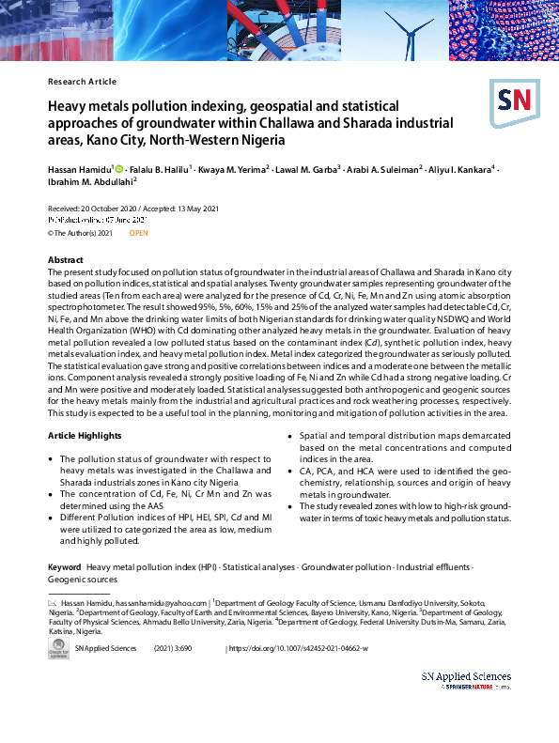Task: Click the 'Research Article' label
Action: tap(82, 82)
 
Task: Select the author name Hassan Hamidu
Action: tap(79, 168)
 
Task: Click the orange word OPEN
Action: tap(139, 232)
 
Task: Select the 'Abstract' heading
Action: tap(66, 259)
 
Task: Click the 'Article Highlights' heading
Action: tap(85, 436)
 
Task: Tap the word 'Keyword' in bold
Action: tap(65, 567)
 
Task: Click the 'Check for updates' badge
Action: tap(59, 650)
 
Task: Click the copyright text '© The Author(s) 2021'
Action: tap(80, 232)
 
